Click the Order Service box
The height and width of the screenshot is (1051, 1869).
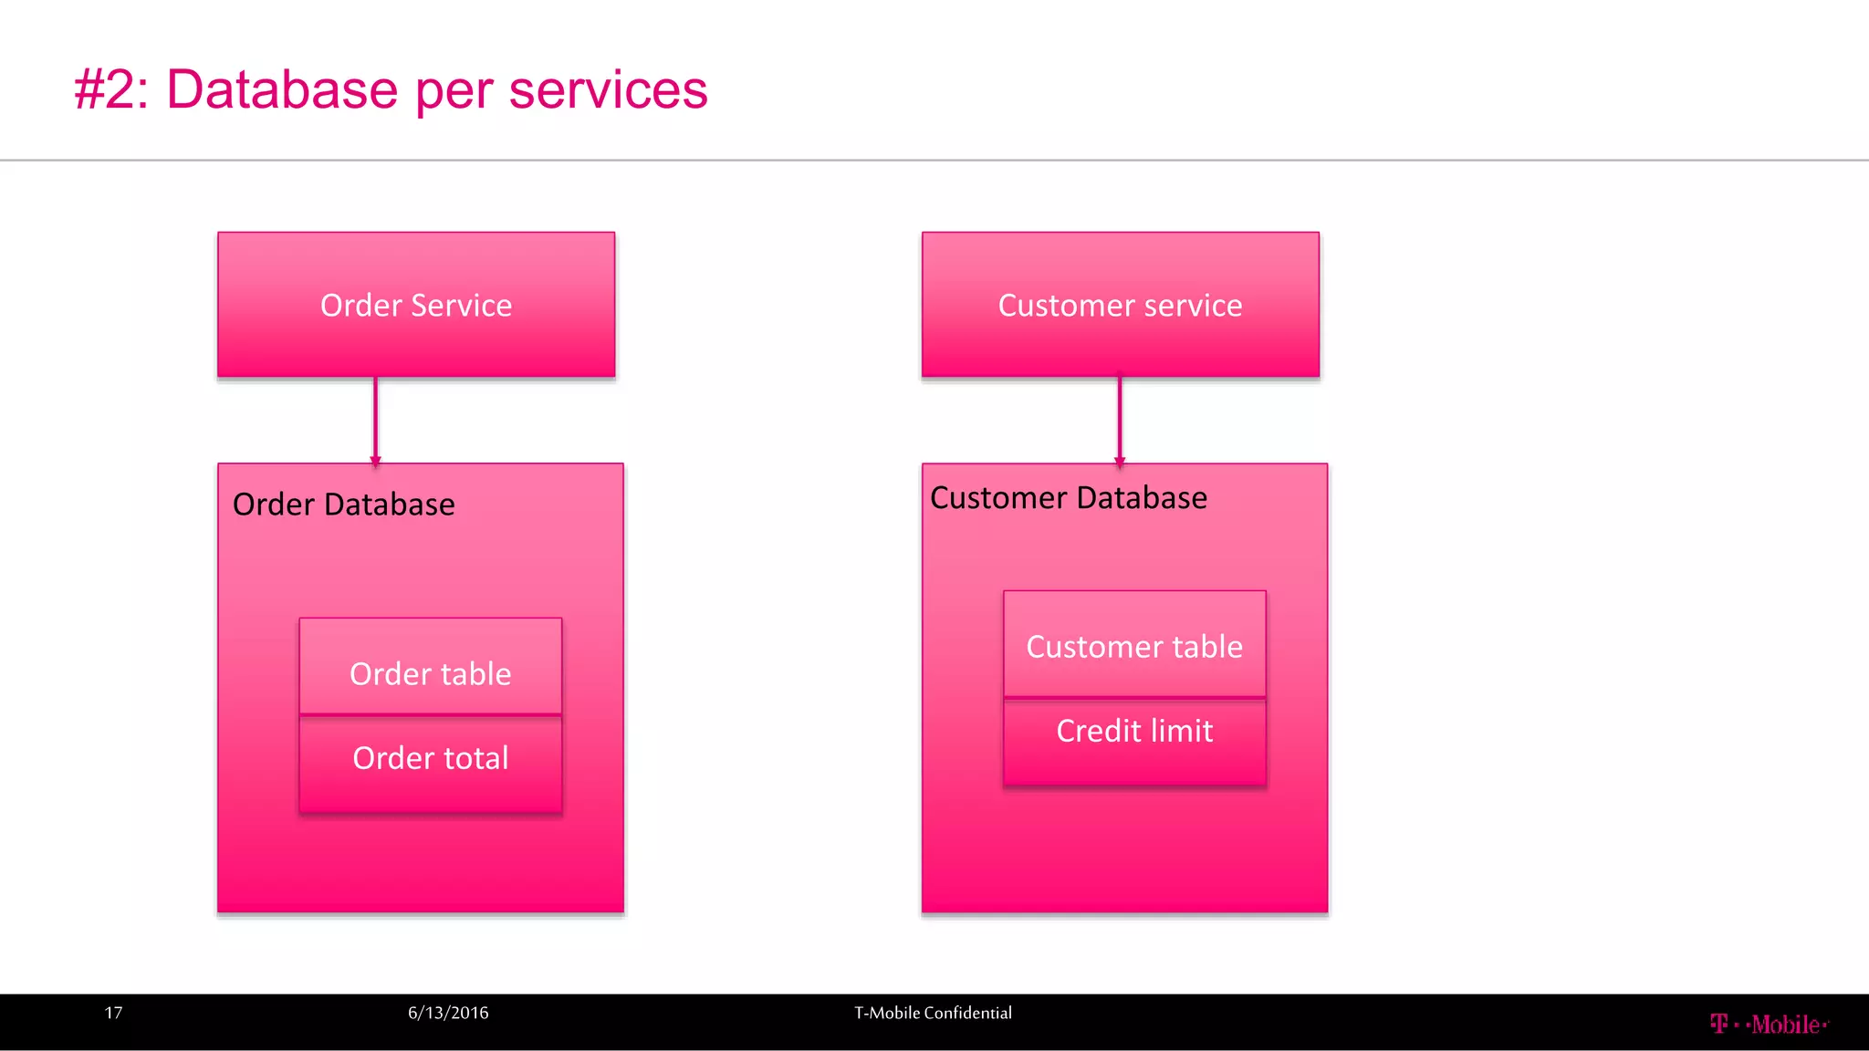416,305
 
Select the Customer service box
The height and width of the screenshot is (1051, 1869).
1120,305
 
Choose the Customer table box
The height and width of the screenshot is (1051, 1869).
1134,645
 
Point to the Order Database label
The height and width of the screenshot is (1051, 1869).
343,505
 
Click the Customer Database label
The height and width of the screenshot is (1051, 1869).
1068,498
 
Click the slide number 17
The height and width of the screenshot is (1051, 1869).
113,1013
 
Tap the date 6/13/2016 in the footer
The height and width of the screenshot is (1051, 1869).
448,1013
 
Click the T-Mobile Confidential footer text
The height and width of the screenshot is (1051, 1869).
933,1013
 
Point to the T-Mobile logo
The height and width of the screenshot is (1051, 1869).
1769,1025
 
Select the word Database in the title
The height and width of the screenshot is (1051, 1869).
282,89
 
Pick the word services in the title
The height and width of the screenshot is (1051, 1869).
608,89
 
